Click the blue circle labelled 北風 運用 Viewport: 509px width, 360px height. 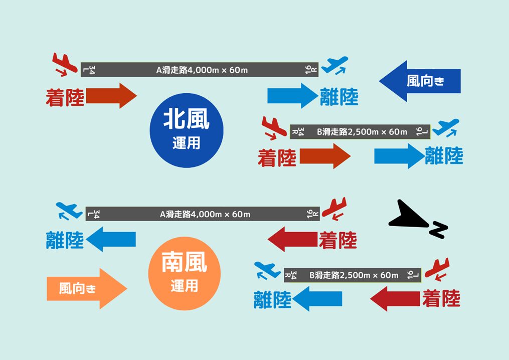(187, 130)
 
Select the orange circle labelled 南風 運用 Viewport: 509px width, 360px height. (185, 273)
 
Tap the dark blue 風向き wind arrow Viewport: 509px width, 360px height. (420, 81)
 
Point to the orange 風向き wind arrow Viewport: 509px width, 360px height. (87, 288)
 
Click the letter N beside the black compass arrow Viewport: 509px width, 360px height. (438, 230)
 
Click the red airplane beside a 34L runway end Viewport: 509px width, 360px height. (65, 64)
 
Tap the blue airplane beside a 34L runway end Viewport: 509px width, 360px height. (69, 211)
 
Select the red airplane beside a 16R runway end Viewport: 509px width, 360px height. (334, 209)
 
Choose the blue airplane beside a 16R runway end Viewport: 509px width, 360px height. (336, 65)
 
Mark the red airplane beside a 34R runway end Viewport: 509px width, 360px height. (274, 128)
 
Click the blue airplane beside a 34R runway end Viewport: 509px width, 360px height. (267, 271)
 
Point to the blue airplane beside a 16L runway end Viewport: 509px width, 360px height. (446, 127)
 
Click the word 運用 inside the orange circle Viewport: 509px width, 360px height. (184, 286)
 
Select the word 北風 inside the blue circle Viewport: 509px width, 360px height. (187, 119)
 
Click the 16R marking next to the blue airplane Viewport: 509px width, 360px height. (311, 69)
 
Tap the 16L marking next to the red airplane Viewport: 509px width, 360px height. (413, 275)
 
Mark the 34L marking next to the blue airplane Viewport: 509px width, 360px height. (93, 214)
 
